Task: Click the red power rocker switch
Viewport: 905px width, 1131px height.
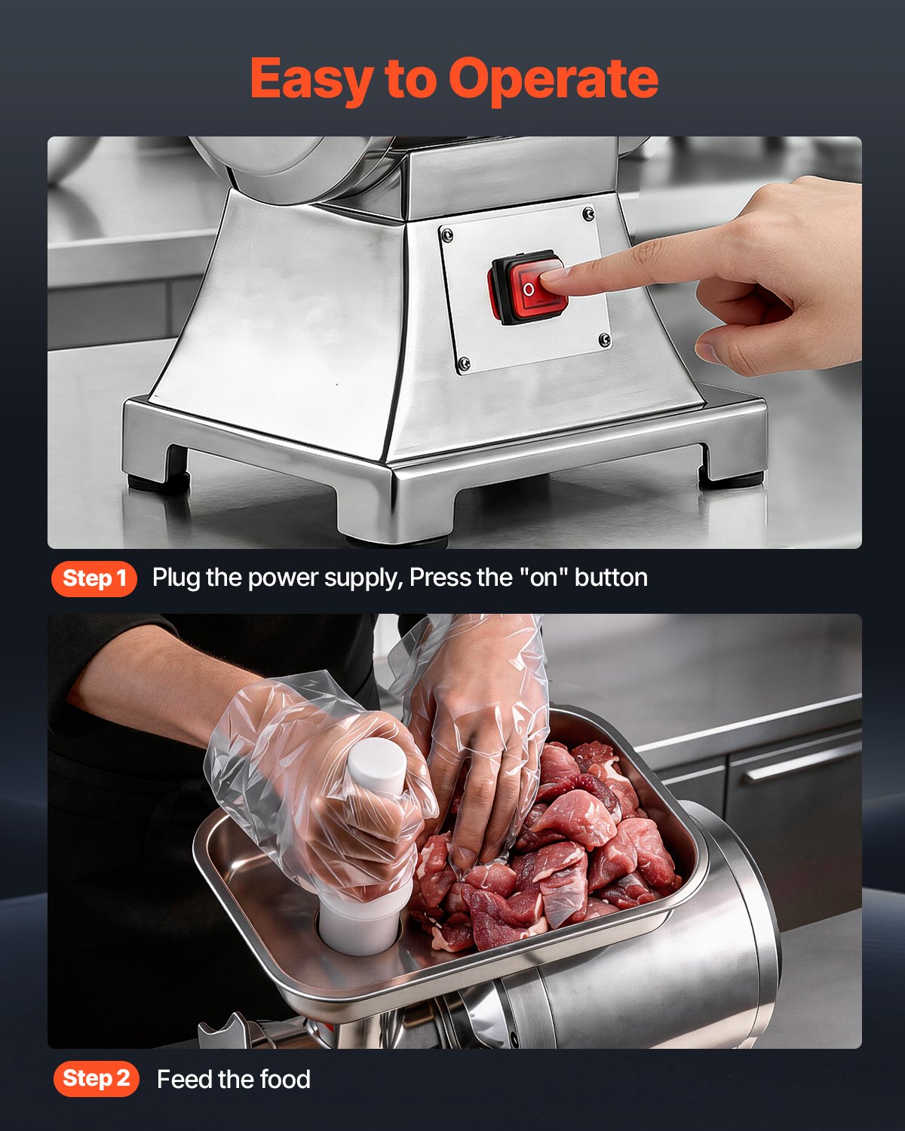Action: tap(527, 288)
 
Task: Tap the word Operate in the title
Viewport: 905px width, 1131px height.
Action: tap(553, 78)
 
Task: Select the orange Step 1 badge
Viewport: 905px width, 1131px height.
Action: tap(94, 578)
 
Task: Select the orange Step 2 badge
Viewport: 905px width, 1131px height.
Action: tap(97, 1078)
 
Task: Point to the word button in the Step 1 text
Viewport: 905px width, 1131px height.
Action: tap(611, 578)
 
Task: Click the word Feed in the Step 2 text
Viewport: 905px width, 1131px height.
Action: tap(183, 1079)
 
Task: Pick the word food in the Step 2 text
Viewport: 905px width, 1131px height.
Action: tap(285, 1079)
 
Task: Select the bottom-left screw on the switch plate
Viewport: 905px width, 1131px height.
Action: tap(464, 365)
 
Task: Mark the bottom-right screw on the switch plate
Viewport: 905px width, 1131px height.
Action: tap(604, 340)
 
